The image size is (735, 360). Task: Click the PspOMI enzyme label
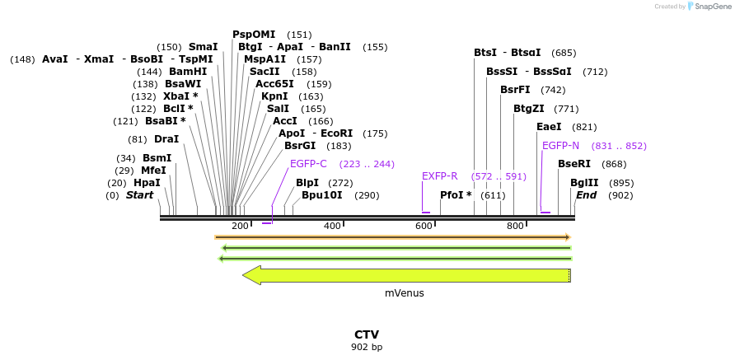(x=254, y=35)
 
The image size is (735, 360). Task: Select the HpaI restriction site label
(x=147, y=183)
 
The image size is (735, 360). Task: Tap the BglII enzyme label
(x=584, y=183)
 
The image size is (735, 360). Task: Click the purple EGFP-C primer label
(x=308, y=163)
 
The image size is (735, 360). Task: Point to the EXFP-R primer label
(x=439, y=176)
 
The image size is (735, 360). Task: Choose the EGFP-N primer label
(x=560, y=146)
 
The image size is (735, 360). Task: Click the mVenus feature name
(x=405, y=292)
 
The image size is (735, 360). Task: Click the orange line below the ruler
(x=392, y=237)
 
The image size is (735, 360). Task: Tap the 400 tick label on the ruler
(x=332, y=226)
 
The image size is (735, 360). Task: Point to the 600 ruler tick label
(x=424, y=226)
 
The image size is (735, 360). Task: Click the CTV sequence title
(x=367, y=334)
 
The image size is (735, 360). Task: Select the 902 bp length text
(x=367, y=347)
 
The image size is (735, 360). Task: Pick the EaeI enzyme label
(x=549, y=127)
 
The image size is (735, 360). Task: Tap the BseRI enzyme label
(x=574, y=164)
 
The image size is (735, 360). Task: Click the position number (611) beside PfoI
(x=493, y=195)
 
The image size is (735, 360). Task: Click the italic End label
(x=587, y=195)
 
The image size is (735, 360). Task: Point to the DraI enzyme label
(x=166, y=139)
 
